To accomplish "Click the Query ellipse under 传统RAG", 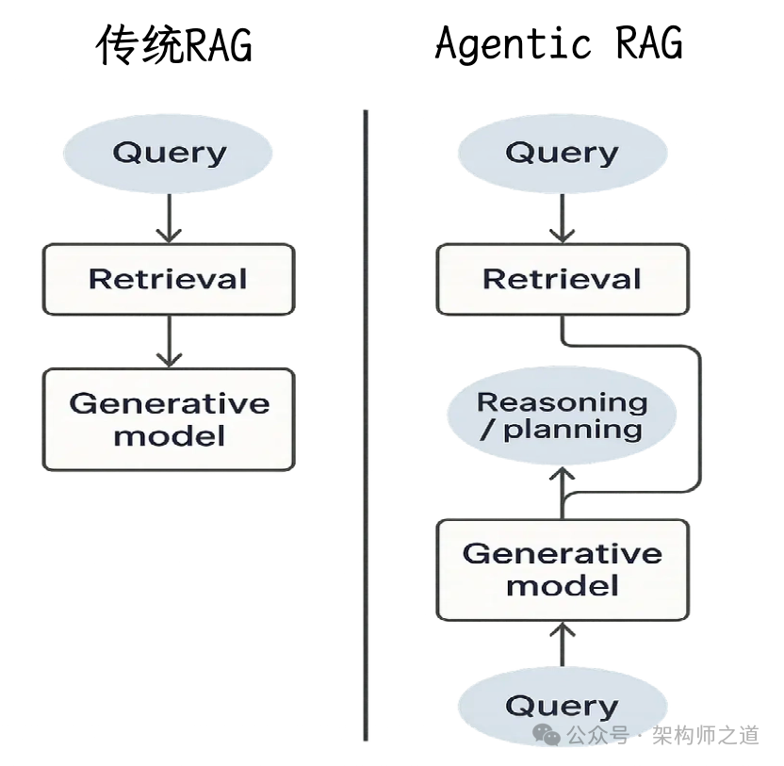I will point(168,153).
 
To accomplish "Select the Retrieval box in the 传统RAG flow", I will point(168,279).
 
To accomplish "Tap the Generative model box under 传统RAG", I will point(168,419).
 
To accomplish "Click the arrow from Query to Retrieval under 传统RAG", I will point(168,219).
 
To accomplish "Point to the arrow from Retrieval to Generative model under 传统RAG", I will point(168,341).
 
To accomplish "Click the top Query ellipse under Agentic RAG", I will point(562,153).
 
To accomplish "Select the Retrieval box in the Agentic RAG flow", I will point(562,279).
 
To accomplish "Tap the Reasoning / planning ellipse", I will point(562,416).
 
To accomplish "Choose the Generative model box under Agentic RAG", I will point(562,569).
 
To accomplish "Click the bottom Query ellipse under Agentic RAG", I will point(562,705).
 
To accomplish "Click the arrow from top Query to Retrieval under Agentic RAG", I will point(562,219).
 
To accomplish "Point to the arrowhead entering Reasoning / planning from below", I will point(562,481).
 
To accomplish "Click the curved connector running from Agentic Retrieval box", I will point(699,415).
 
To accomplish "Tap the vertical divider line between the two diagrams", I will point(365,424).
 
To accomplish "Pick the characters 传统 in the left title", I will point(132,46).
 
